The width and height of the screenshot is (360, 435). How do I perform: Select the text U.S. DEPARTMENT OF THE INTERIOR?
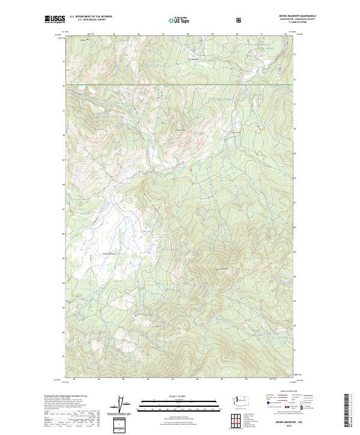pos(91,17)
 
